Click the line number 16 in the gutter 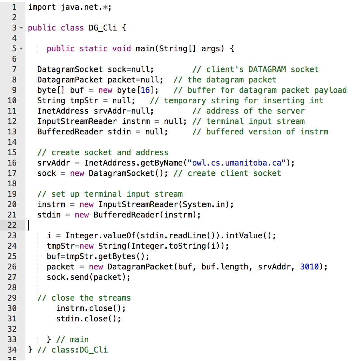click(12, 163)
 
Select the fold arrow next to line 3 click(21, 28)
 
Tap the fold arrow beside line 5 click(21, 49)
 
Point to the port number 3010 click(309, 267)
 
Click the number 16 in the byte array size click(145, 90)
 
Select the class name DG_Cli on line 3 click(103, 28)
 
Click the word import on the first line click(42, 7)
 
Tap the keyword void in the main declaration click(122, 48)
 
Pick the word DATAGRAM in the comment click(267, 69)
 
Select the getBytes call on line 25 click(117, 256)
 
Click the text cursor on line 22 click(29, 225)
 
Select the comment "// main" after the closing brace click(72, 339)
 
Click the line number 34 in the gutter click(12, 350)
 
